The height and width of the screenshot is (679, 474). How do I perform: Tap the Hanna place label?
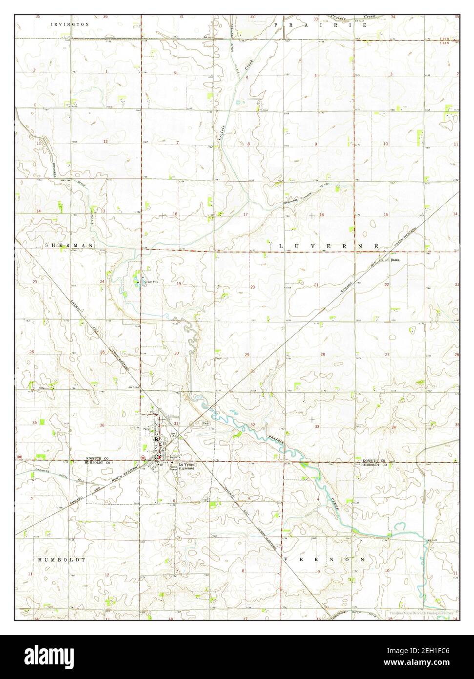click(x=395, y=261)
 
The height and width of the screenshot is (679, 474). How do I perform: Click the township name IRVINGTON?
click(x=71, y=23)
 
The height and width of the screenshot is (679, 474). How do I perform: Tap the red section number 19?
click(x=179, y=284)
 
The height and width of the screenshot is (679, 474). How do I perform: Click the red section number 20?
click(x=252, y=287)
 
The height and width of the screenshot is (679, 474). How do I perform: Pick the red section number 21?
click(x=316, y=285)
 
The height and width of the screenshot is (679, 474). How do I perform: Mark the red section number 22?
click(x=386, y=284)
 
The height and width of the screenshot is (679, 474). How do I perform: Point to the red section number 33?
click(x=317, y=427)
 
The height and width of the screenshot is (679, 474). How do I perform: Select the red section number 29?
click(x=247, y=355)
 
